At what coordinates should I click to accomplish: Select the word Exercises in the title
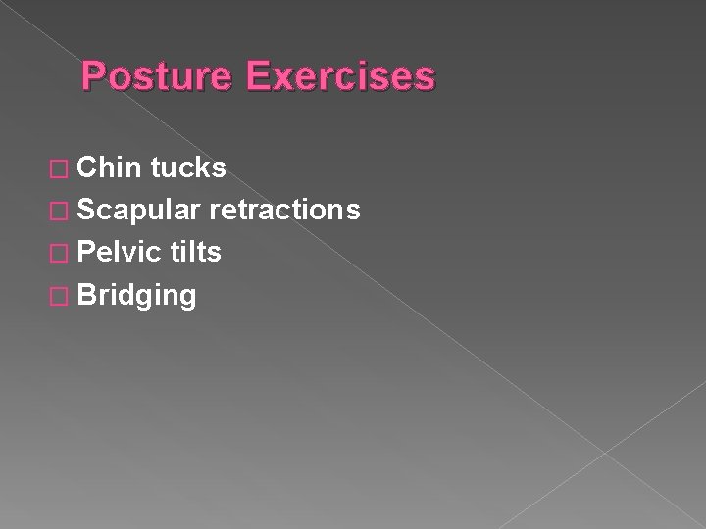(x=337, y=76)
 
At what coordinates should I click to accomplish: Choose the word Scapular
(x=137, y=211)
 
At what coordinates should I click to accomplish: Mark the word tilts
(x=195, y=253)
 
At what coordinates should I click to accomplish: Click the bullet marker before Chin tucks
(x=61, y=169)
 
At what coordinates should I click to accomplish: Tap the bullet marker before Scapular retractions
(x=61, y=212)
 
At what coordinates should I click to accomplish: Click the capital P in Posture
(x=94, y=76)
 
